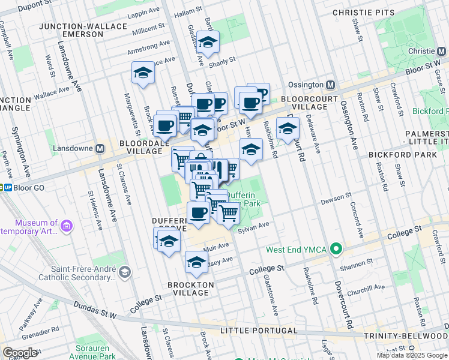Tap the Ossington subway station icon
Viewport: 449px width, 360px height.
(330, 85)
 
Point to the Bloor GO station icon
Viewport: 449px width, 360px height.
(7, 187)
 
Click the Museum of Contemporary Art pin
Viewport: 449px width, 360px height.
(66, 227)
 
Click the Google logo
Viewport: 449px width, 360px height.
(20, 353)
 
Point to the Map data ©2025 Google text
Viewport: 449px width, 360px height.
(412, 355)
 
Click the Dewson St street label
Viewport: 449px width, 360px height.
(336, 197)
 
